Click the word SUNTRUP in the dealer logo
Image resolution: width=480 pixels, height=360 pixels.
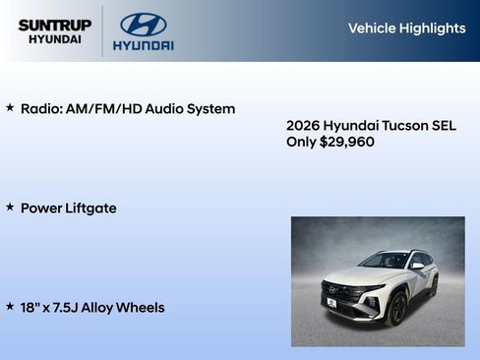(54, 25)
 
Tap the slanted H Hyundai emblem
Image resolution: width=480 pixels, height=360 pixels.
(144, 24)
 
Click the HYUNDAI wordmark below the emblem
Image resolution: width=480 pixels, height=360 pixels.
(144, 45)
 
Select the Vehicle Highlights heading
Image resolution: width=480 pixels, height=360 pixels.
(406, 29)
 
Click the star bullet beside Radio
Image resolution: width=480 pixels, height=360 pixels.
(10, 108)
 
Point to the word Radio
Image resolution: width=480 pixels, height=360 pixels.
(41, 109)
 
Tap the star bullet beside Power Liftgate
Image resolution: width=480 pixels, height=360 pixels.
(10, 208)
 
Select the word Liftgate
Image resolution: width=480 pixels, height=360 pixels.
(90, 209)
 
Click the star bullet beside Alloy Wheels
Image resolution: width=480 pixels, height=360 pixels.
(10, 307)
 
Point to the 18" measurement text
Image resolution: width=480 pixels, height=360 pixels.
(30, 308)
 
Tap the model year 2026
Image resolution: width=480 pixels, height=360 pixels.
(303, 126)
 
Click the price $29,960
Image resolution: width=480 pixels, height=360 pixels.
(347, 142)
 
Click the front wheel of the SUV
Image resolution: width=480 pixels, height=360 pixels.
(395, 309)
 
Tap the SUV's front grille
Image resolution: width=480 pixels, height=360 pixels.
(339, 292)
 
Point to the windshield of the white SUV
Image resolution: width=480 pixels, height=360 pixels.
(386, 261)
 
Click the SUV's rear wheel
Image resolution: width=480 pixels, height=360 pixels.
(432, 287)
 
